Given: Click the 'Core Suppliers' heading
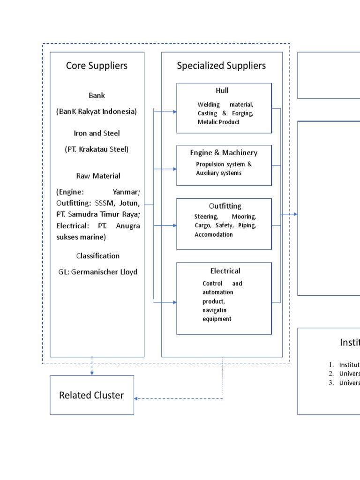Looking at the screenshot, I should tap(97, 66).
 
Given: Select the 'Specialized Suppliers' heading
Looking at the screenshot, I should tap(221, 66).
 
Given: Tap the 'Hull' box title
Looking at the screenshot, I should tap(222, 90).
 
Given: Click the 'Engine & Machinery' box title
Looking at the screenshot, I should tap(224, 153).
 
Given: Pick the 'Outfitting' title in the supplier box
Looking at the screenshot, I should tap(225, 206).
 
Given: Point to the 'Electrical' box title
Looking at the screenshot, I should tap(225, 271).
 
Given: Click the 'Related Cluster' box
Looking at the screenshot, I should tap(91, 395).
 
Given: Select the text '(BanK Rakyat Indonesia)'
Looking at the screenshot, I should tap(97, 112).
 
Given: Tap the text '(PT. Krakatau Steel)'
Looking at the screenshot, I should tap(97, 150).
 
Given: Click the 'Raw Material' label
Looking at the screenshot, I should tap(98, 176).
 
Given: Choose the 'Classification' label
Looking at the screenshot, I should tap(97, 256).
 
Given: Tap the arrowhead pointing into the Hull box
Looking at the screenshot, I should tap(174, 112).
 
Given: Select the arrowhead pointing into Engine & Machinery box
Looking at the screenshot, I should tap(174, 168).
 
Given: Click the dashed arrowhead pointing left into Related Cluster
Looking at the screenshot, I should tap(136, 398).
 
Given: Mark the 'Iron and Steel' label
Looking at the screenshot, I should tap(97, 133).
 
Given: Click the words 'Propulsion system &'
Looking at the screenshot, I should tap(224, 165).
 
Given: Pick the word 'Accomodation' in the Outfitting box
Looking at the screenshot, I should tap(214, 234).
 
